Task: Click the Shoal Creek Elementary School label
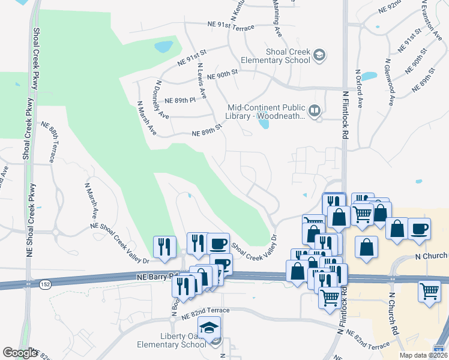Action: point(275,56)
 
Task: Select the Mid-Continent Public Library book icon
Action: point(314,110)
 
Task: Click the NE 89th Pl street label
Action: point(180,100)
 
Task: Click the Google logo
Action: point(20,353)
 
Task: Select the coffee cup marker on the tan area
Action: point(419,229)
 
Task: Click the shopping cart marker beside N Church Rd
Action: point(430,292)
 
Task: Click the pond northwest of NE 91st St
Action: point(163,46)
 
